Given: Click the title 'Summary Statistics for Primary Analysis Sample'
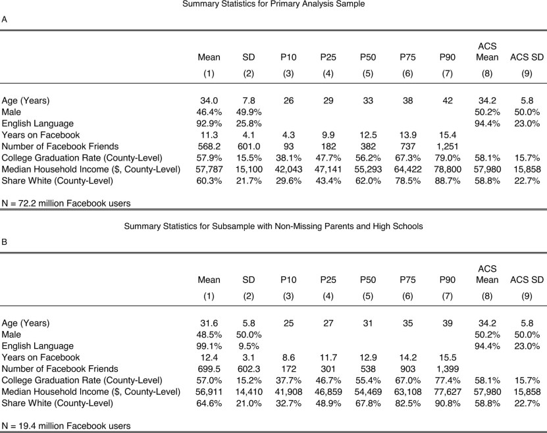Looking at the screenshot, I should click(273, 5).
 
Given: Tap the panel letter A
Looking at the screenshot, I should click(5, 20).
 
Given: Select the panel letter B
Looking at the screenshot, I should click(5, 243).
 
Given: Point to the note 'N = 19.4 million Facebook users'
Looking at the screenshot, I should click(66, 425).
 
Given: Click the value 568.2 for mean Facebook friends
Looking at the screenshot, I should click(209, 145).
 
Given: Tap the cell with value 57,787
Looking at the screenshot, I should click(209, 168).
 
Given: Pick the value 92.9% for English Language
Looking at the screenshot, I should click(209, 123).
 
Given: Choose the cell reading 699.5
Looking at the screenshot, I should click(209, 369).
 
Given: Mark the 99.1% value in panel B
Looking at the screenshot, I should click(209, 346).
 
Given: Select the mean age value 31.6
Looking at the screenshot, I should click(209, 324).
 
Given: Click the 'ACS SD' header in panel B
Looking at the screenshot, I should click(527, 280).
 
